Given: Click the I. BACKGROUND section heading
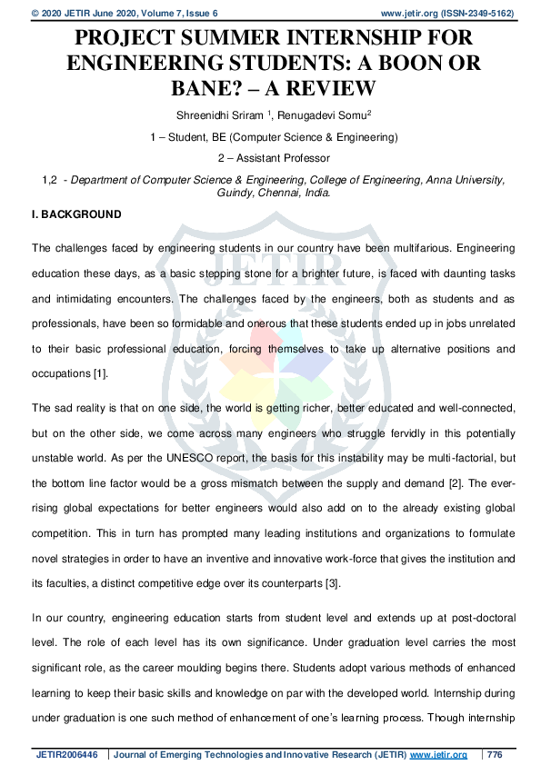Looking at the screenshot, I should (76, 214).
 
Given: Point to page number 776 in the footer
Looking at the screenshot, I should (496, 754).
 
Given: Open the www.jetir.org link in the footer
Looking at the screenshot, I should (438, 754).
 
